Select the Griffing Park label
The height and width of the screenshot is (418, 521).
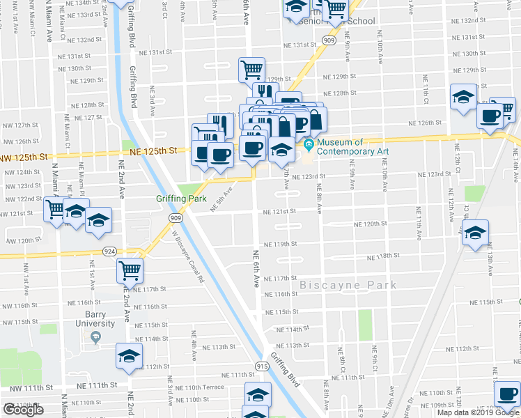coord(181,199)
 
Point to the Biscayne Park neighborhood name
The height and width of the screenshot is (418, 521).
coord(348,285)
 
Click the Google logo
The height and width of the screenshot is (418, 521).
coord(23,410)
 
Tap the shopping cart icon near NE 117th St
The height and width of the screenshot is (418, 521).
coord(129,269)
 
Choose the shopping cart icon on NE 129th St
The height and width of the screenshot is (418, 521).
coord(251,68)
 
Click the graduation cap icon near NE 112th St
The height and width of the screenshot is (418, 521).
coord(129,356)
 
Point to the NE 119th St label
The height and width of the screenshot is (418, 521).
coord(281,245)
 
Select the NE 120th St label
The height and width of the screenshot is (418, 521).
coord(370,224)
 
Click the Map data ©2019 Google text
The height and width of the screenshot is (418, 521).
coord(478,412)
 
